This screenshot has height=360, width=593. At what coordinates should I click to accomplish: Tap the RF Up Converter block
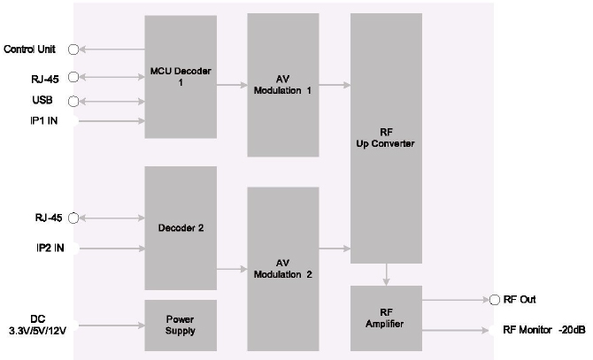point(386,137)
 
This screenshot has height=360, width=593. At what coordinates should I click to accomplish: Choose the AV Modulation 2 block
point(282,267)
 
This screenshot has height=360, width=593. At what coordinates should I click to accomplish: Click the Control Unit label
point(32,49)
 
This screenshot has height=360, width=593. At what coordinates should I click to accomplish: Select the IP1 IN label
point(40,120)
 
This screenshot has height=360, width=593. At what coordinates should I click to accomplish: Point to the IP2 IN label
point(40,249)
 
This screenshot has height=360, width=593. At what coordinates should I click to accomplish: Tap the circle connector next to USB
point(73,100)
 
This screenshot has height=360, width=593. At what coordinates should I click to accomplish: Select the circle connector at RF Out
point(494,300)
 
